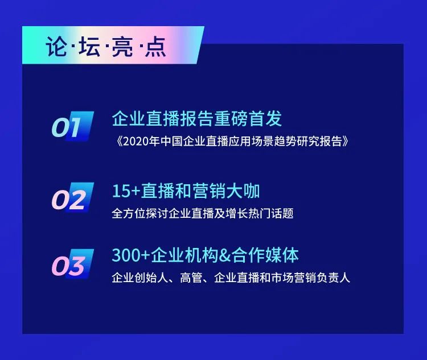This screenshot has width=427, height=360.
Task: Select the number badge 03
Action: (72, 265)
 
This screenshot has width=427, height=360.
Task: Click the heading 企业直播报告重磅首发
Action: (197, 119)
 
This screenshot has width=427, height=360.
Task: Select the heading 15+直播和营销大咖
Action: (186, 192)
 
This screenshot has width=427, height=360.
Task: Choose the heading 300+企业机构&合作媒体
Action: (205, 255)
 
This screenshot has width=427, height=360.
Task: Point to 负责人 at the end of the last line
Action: (335, 279)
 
